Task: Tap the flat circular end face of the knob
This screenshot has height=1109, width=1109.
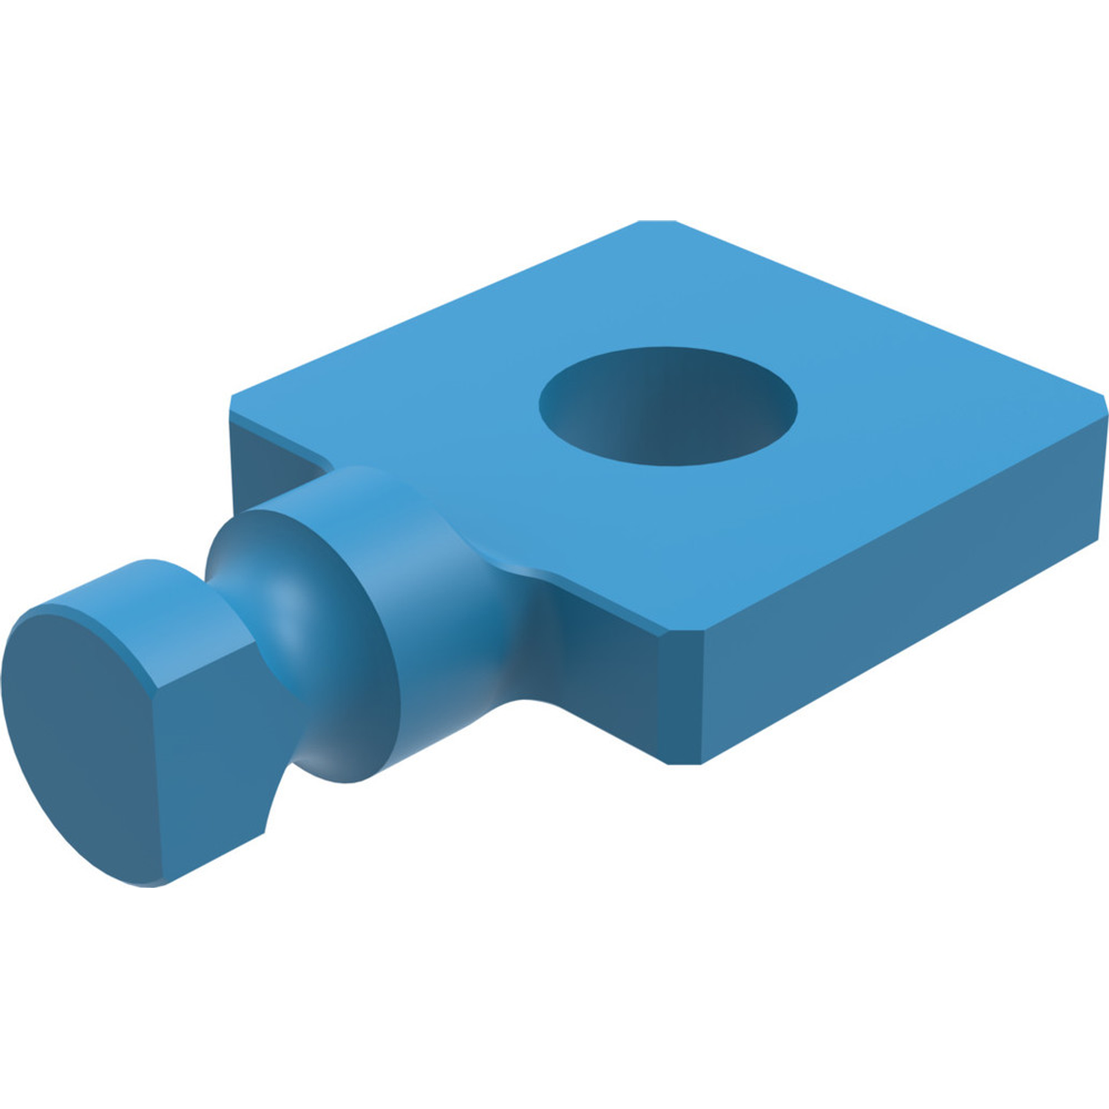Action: click(81, 747)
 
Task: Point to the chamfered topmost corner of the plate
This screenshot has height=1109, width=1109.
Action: click(657, 222)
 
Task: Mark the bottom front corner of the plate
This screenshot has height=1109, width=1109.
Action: click(684, 762)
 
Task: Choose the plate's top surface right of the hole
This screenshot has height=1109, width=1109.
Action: click(924, 421)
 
